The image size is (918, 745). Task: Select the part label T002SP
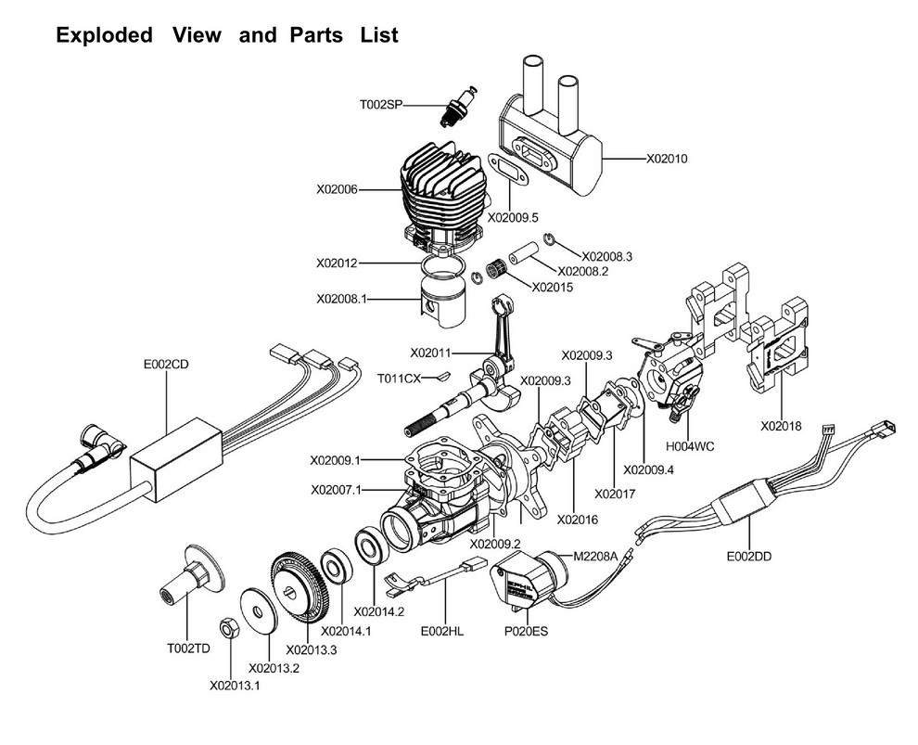click(x=381, y=105)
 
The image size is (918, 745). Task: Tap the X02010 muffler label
click(x=667, y=159)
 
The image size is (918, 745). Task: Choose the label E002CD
click(x=166, y=365)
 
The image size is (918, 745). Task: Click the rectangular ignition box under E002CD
click(x=175, y=460)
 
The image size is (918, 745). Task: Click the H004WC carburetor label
click(x=690, y=447)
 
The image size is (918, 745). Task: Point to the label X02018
click(x=781, y=427)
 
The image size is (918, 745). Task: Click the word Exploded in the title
click(x=104, y=35)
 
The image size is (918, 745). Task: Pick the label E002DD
click(x=749, y=557)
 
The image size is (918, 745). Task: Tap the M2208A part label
click(x=595, y=556)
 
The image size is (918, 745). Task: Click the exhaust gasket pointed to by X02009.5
click(x=509, y=170)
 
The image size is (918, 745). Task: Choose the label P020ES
click(x=527, y=632)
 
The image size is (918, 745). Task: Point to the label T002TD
click(x=188, y=649)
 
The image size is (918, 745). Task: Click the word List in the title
click(x=379, y=35)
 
